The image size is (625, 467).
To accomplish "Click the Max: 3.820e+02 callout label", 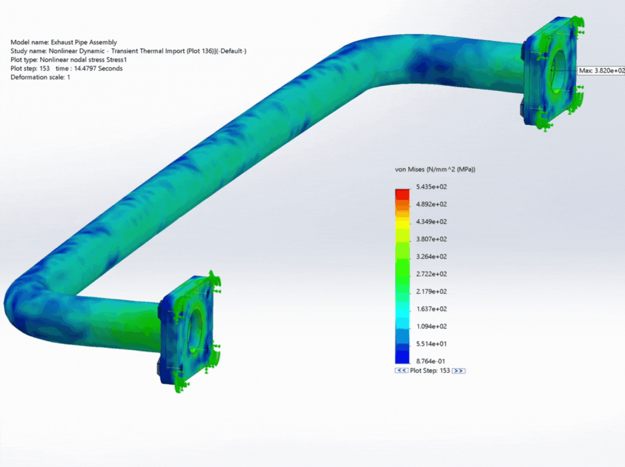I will tap(601, 70).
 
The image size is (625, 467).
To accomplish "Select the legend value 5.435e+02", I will tap(431, 187).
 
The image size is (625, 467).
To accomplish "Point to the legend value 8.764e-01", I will tap(430, 361).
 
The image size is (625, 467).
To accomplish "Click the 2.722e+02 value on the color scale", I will tap(431, 274).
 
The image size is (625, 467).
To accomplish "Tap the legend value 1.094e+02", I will tap(431, 326).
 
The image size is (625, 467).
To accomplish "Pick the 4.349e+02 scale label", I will tap(431, 222).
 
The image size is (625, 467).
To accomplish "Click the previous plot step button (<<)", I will tap(401, 371).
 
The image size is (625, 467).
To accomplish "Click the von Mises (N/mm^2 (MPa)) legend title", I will tap(435, 170).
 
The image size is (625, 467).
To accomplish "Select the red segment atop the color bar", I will tap(402, 194).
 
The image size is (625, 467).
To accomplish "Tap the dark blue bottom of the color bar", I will tap(402, 357).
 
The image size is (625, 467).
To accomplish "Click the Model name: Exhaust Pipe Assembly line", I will tap(64, 42).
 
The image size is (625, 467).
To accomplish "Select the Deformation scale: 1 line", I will tap(40, 77).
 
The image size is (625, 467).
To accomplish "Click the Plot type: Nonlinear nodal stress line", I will tap(68, 60).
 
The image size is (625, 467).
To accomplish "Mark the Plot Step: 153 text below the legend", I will tap(430, 371).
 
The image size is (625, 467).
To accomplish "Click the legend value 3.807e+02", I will tap(431, 239).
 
